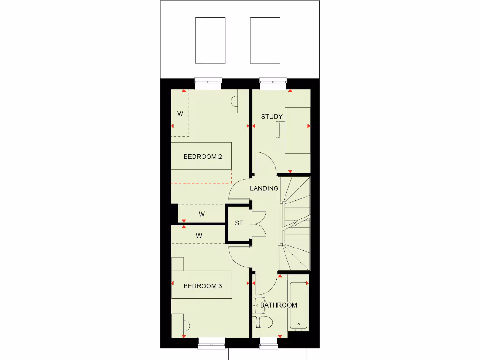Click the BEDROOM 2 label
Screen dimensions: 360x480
click(x=202, y=157)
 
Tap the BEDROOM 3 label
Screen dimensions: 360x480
click(x=202, y=286)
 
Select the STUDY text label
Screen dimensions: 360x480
click(x=272, y=116)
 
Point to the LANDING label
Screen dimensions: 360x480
click(x=264, y=188)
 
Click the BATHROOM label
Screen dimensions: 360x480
click(x=278, y=305)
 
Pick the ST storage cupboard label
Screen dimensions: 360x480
click(x=239, y=223)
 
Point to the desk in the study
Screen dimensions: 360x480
click(x=298, y=130)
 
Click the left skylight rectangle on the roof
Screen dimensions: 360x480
click(x=210, y=41)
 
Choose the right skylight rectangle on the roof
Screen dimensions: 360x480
click(x=265, y=41)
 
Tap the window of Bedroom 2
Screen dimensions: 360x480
click(x=208, y=83)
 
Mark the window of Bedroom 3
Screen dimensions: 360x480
click(x=212, y=344)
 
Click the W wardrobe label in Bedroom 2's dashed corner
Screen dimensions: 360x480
click(x=180, y=113)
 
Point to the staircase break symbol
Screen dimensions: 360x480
click(x=295, y=223)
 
